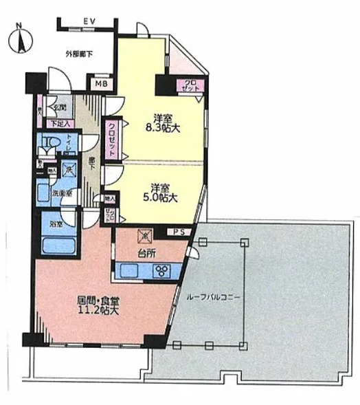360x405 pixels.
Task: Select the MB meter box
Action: [x=100, y=85]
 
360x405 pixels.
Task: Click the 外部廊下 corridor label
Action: [x=78, y=54]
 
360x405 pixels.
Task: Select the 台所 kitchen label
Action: [x=146, y=253]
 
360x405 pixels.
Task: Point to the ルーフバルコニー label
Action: [x=214, y=298]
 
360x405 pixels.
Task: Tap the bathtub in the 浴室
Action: [x=58, y=243]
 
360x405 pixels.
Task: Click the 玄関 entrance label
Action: [x=60, y=107]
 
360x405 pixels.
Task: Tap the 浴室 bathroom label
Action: [x=57, y=223]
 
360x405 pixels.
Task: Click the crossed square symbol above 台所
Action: [x=145, y=234]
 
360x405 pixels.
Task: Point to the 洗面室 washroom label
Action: [x=63, y=194]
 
